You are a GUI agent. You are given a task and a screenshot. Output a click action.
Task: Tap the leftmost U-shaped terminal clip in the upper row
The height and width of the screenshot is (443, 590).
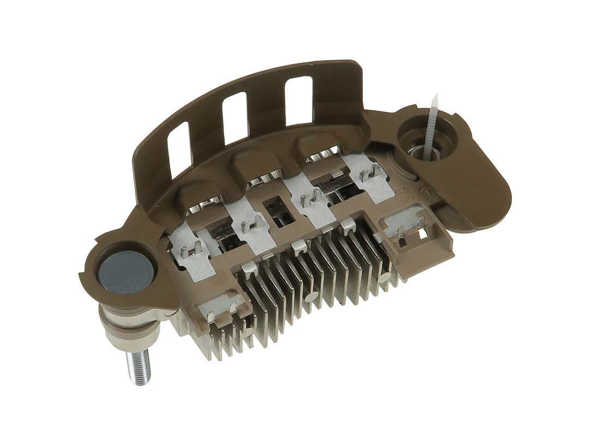190,250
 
